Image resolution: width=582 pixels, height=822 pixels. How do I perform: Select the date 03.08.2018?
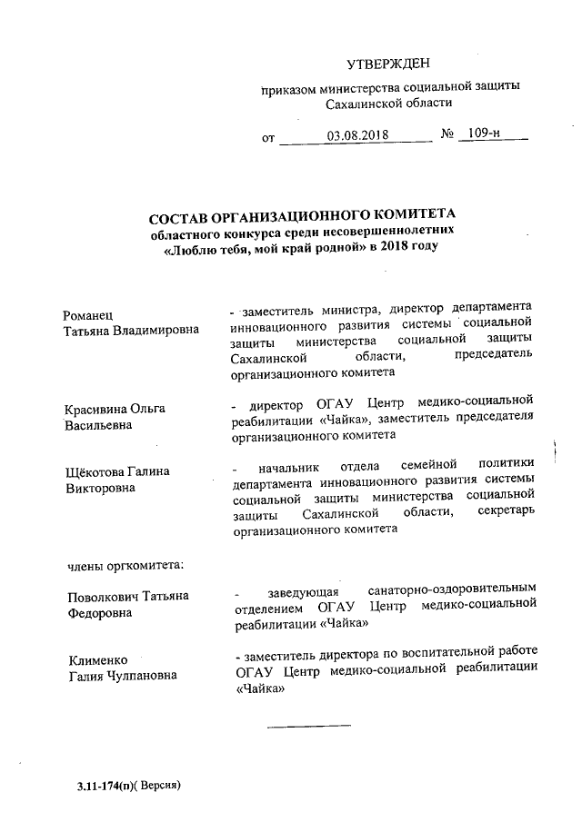point(357,135)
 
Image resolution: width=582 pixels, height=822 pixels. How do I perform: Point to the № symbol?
point(447,135)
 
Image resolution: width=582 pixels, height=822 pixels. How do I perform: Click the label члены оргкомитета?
point(125,565)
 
